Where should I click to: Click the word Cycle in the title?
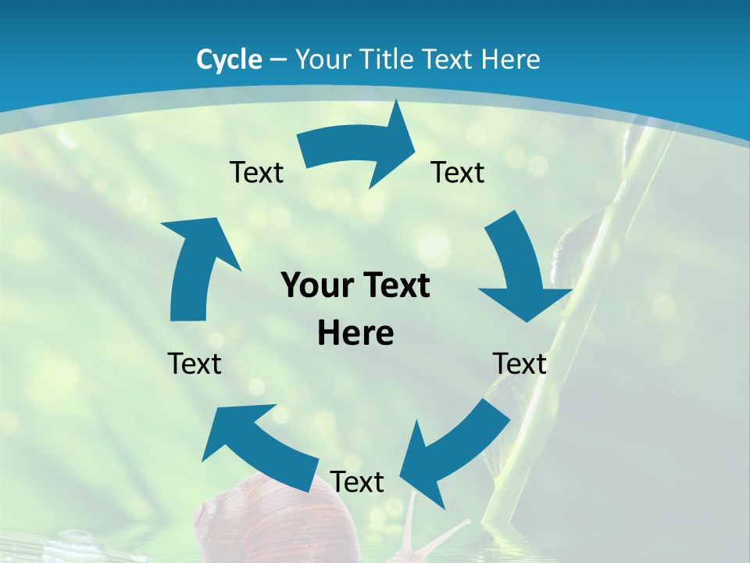(229, 59)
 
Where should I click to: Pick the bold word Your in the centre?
(315, 286)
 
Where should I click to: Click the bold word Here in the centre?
(355, 334)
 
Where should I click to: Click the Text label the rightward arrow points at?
(458, 172)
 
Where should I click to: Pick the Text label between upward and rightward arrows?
(256, 172)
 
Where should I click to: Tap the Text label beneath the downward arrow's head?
(520, 364)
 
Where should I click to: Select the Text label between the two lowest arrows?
(357, 482)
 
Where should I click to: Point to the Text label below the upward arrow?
(195, 364)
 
